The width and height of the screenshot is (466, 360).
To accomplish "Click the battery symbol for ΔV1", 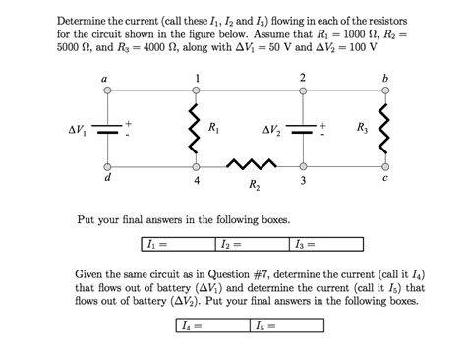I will point(107,129).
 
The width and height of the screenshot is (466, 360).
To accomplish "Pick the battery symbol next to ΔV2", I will point(303,129).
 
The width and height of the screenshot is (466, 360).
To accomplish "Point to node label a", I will point(105,79).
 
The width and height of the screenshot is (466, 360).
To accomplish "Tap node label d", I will point(106,180).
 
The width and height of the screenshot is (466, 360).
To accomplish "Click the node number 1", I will point(197,78).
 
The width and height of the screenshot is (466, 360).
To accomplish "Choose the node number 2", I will point(302,78).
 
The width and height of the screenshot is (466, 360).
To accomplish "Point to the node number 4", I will point(197,182).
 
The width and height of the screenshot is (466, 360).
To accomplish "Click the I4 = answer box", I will point(211,325).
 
